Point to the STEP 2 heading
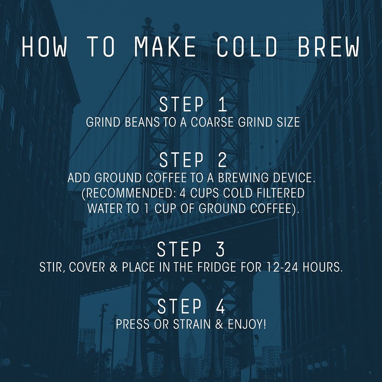[191, 159]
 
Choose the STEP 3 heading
[191, 249]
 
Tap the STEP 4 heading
[191, 306]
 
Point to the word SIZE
[287, 122]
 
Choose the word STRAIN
[186, 324]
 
